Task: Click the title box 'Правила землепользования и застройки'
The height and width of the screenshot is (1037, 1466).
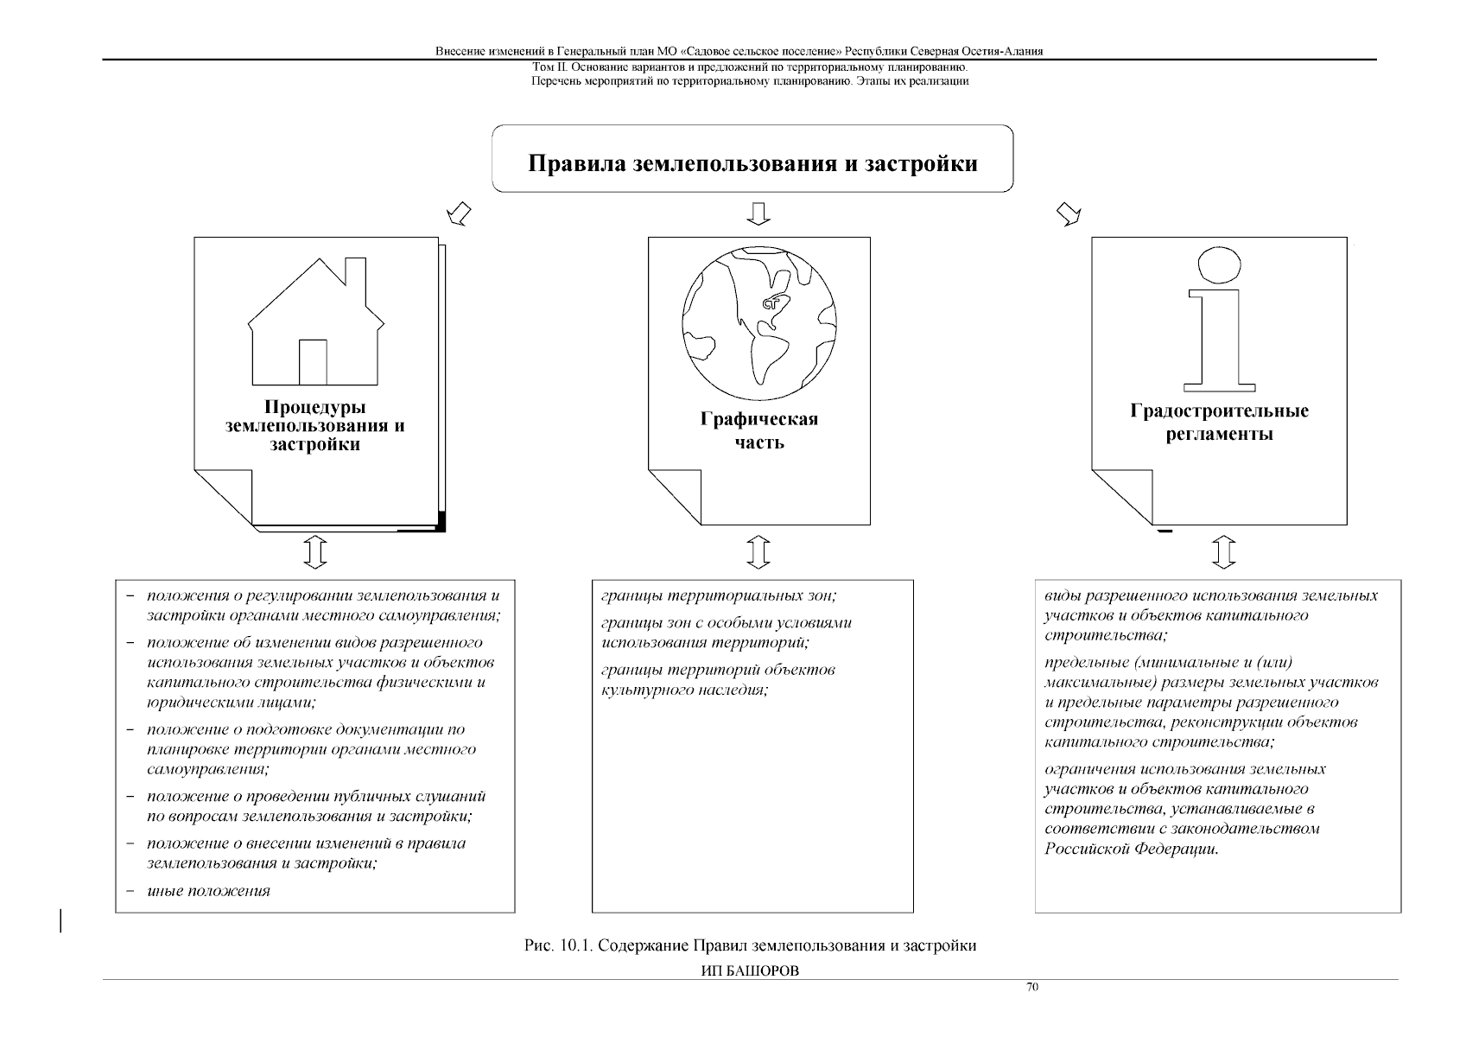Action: point(752,162)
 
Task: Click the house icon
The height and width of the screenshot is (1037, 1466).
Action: point(315,328)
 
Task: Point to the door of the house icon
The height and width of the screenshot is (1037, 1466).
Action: point(313,362)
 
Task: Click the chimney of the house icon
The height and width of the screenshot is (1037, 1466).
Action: point(354,271)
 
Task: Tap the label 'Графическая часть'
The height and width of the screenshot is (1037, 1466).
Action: point(759,430)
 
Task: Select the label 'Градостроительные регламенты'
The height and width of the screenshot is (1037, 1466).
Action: point(1219,422)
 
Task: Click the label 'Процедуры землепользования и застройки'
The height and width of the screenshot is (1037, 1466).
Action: point(314,425)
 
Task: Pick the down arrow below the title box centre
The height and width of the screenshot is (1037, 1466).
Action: point(758,213)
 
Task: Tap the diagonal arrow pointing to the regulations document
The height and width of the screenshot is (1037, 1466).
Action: point(1069,213)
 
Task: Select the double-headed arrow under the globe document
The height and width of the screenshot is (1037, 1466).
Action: point(758,551)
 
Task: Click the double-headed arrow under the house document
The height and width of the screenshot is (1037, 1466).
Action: point(315,551)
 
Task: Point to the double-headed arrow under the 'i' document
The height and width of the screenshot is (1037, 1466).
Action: point(1224,551)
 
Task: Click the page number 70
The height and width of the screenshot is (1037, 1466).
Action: point(1031,988)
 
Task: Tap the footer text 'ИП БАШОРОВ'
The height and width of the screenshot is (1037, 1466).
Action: point(749,970)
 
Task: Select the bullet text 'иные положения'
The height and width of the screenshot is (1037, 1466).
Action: point(208,891)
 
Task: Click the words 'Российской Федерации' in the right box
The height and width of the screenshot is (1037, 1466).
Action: point(1130,849)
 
